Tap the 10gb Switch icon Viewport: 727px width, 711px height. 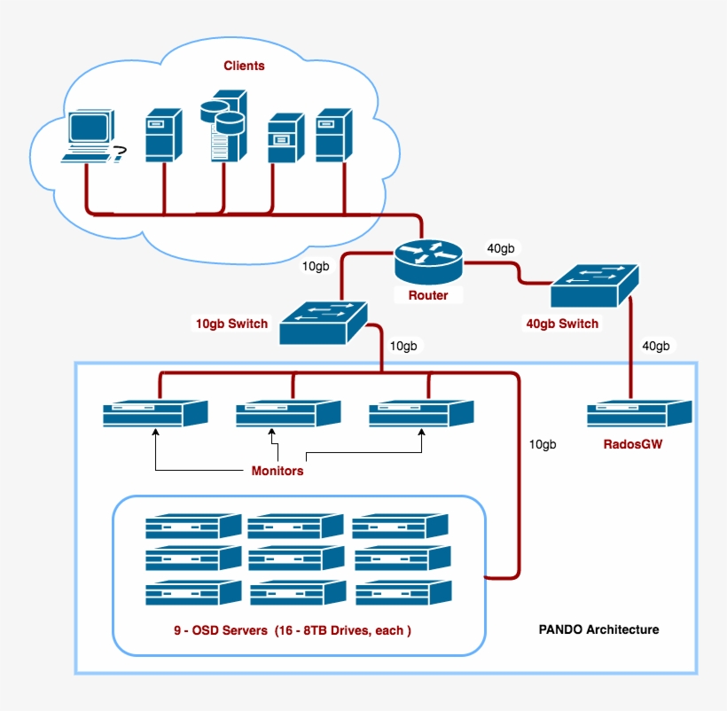pos(324,323)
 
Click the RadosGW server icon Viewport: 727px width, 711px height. pos(638,414)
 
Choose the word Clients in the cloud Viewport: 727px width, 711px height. pos(244,66)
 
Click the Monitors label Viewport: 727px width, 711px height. pos(278,471)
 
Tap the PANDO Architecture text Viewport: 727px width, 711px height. pos(598,630)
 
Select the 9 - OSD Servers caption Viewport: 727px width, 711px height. pos(293,631)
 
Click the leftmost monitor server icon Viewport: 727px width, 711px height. pos(155,414)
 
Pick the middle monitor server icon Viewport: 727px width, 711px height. pos(288,414)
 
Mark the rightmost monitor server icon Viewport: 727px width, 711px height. pos(421,414)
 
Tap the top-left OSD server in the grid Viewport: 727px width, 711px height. pos(193,527)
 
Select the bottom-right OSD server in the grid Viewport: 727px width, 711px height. pos(403,592)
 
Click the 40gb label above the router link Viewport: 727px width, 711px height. pos(501,248)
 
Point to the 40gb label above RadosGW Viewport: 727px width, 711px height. pos(656,346)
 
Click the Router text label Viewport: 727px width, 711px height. pos(428,295)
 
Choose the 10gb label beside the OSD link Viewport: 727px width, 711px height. pos(542,443)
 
